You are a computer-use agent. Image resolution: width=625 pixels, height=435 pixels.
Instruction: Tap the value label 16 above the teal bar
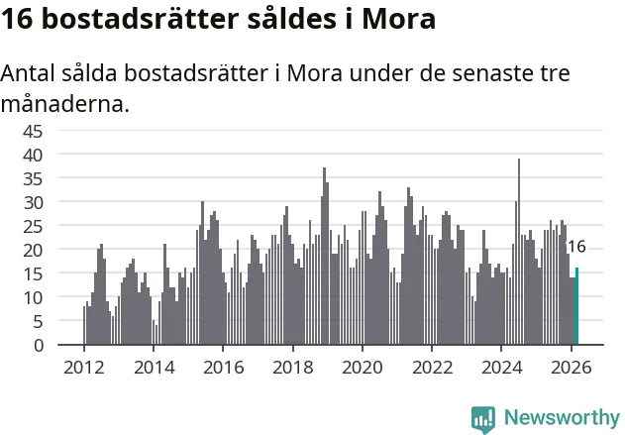click(x=576, y=247)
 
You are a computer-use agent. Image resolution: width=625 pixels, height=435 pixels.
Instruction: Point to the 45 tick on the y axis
click(x=60, y=131)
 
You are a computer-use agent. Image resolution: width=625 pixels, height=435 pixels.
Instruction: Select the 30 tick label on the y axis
click(x=60, y=202)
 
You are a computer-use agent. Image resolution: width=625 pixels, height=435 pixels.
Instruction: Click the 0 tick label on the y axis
click(x=65, y=346)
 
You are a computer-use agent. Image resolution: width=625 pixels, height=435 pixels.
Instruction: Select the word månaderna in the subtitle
click(x=65, y=103)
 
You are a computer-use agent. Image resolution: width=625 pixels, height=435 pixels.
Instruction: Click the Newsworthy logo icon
click(x=483, y=418)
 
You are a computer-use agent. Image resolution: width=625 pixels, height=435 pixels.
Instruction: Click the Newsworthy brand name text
click(x=561, y=417)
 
